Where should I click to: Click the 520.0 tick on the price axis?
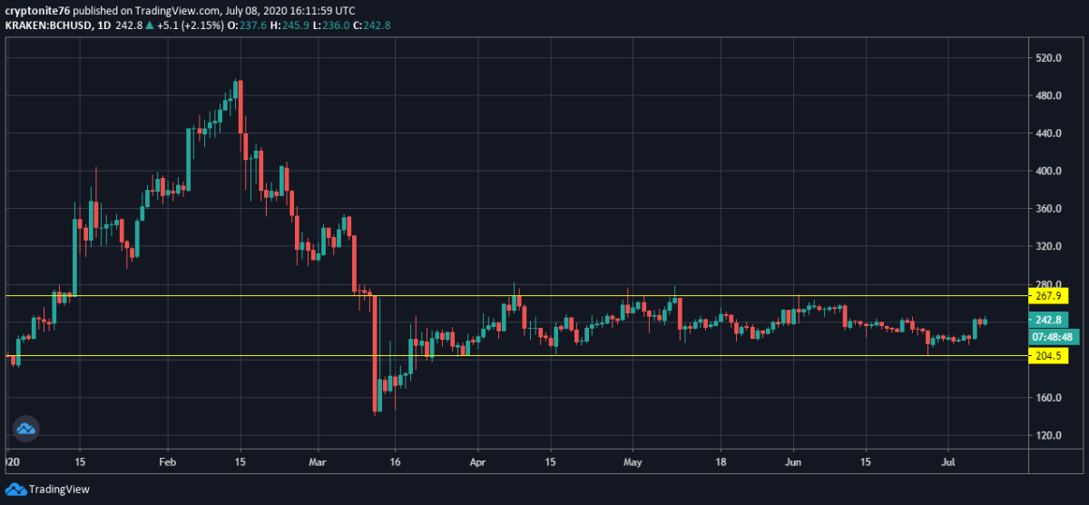[1048, 58]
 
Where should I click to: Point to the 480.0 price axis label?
[1048, 95]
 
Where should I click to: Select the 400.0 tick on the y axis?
[1048, 171]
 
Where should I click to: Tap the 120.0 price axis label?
[1048, 436]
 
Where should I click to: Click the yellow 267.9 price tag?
[1046, 296]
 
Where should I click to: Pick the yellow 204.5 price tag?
[1046, 356]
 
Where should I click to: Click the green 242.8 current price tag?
[1046, 320]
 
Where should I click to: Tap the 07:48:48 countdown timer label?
[1050, 337]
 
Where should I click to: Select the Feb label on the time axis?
[167, 461]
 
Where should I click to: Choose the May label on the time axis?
[633, 461]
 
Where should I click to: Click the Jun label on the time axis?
[793, 461]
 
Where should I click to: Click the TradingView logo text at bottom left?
[59, 490]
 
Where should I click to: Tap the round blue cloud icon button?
[25, 429]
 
